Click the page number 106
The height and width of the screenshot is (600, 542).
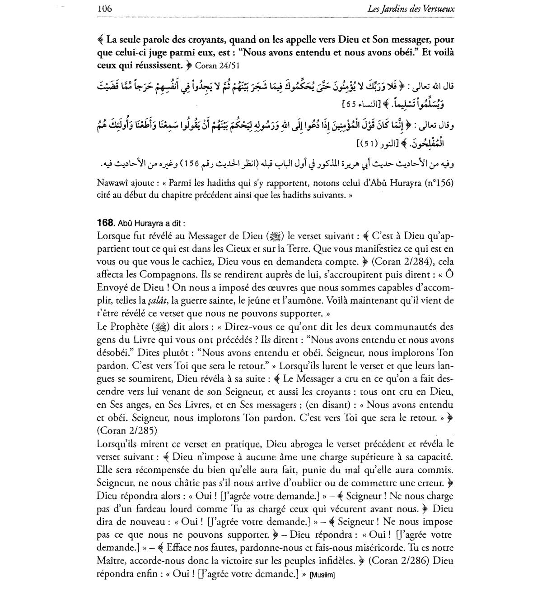104,8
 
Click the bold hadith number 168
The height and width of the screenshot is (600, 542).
105,223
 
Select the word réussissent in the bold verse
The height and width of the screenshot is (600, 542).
156,66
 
